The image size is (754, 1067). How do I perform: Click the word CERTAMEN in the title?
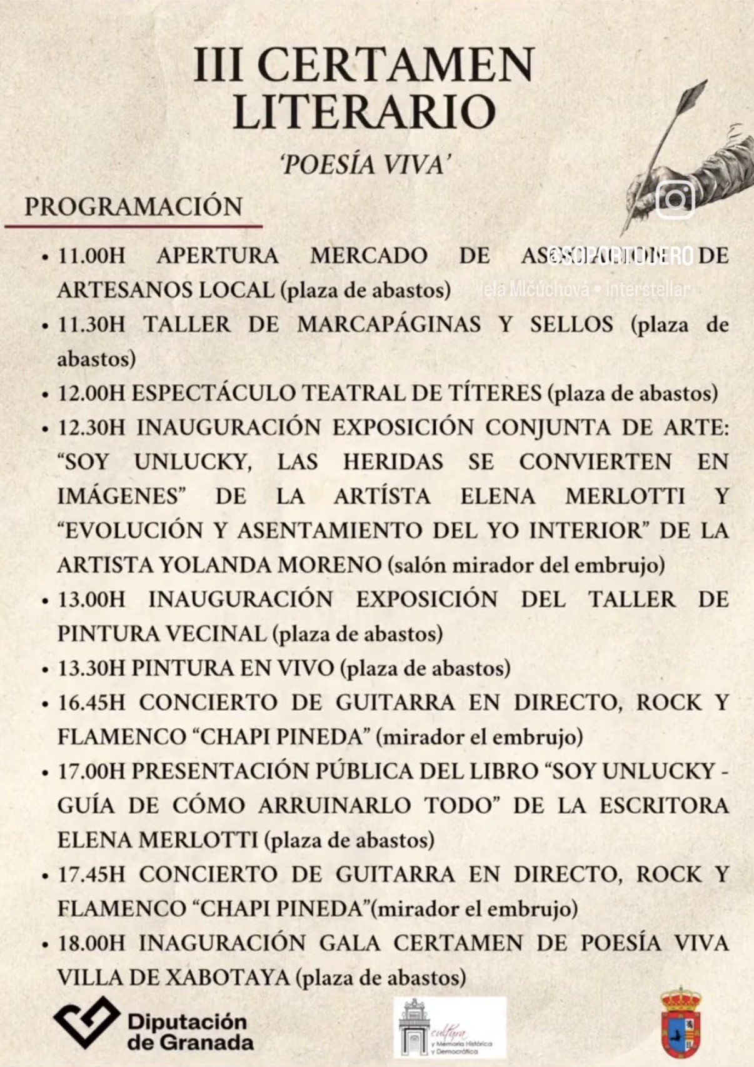[395, 64]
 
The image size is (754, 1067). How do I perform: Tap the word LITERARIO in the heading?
[364, 111]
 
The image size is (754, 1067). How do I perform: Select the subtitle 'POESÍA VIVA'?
[366, 165]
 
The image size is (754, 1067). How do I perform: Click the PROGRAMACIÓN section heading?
[133, 207]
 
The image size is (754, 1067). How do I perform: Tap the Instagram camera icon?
[675, 199]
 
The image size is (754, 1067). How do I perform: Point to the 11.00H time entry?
[91, 256]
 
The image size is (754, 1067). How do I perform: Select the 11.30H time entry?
[91, 324]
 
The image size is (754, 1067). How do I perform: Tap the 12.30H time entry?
[91, 428]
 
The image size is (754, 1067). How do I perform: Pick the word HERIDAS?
[393, 462]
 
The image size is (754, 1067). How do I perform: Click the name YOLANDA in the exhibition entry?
[215, 565]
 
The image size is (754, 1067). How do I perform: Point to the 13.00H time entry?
[91, 599]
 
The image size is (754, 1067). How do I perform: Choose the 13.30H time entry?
[91, 668]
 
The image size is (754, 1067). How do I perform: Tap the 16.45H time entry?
[91, 703]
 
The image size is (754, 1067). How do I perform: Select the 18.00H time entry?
[91, 943]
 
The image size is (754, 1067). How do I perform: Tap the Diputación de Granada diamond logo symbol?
[86, 1022]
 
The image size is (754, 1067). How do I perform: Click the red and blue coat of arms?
[681, 1023]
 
